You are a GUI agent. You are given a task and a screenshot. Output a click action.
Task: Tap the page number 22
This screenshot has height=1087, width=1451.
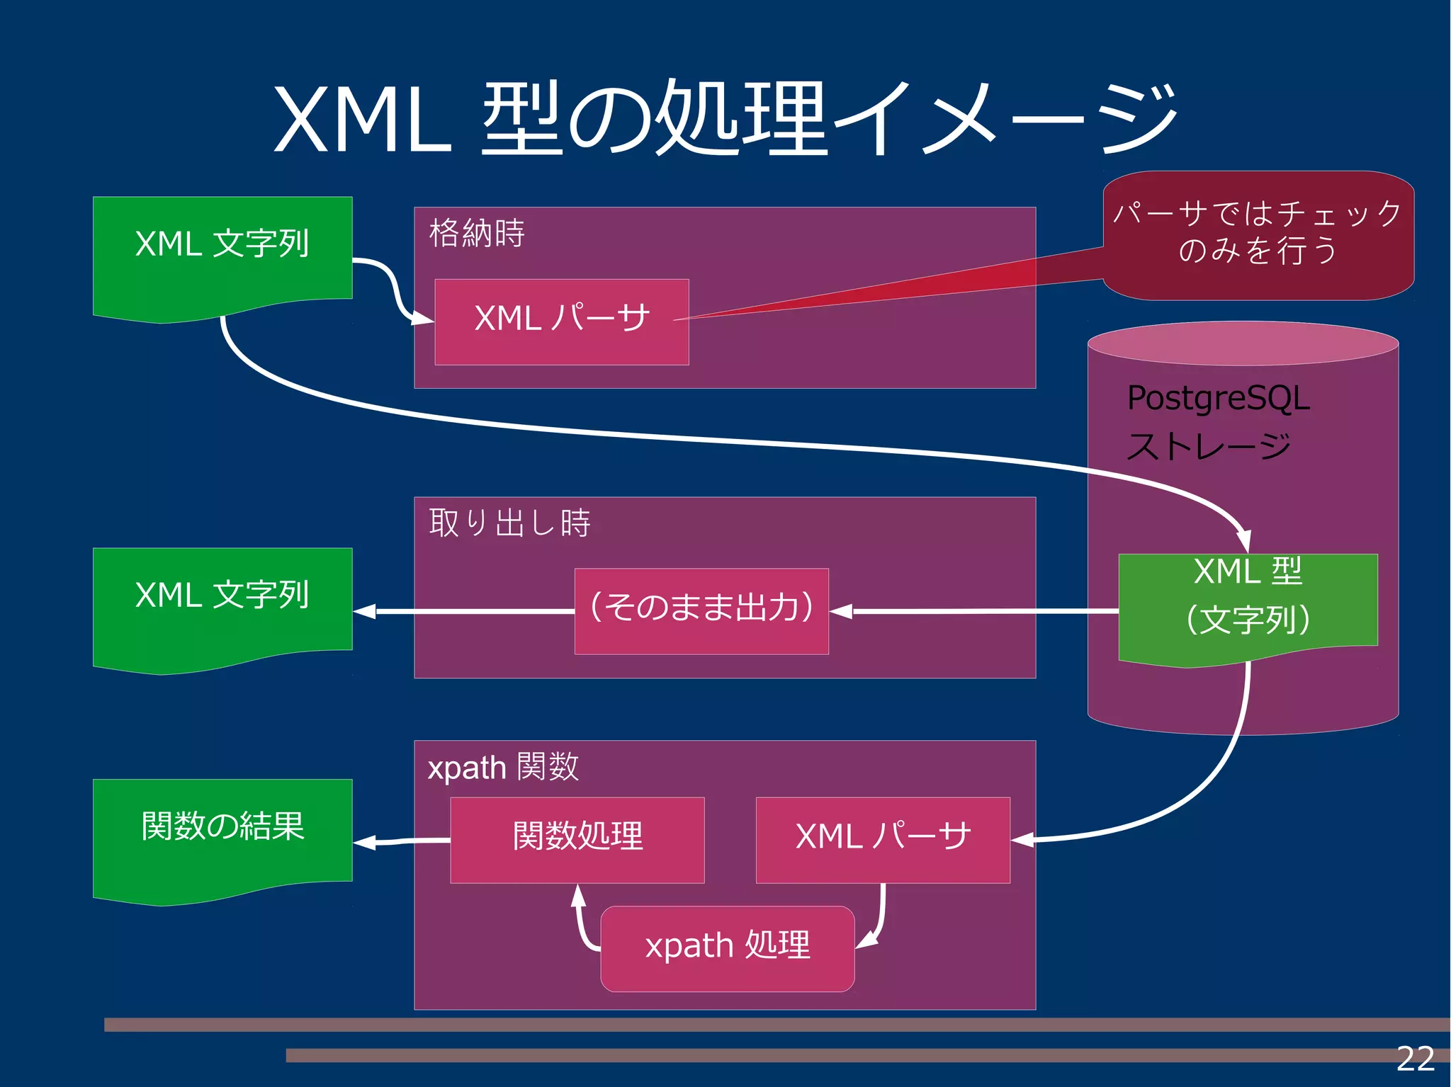pyautogui.click(x=1414, y=1059)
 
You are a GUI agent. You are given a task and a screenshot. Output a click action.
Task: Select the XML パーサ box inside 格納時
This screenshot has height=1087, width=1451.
pyautogui.click(x=561, y=321)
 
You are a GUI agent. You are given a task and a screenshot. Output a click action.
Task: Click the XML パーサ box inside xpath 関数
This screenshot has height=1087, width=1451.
pyautogui.click(x=883, y=840)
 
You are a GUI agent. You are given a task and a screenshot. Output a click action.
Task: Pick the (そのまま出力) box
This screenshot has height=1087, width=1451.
pyautogui.click(x=701, y=610)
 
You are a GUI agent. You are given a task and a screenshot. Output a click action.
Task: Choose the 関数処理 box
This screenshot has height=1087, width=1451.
pyautogui.click(x=577, y=840)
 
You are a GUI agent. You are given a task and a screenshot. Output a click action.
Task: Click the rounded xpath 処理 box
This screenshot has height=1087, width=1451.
pyautogui.click(x=728, y=948)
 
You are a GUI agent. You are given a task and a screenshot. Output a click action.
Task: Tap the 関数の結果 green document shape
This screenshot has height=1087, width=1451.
pyautogui.click(x=222, y=832)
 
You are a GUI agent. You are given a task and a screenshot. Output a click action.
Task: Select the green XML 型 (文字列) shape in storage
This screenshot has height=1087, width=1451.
pyautogui.click(x=1248, y=602)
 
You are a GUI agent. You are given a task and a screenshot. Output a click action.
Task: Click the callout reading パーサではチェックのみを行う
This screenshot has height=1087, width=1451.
pyautogui.click(x=1258, y=234)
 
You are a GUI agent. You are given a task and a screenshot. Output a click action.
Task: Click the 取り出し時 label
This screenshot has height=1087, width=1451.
pyautogui.click(x=509, y=523)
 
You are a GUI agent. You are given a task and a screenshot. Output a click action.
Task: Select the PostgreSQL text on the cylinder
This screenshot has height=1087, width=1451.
pyautogui.click(x=1218, y=398)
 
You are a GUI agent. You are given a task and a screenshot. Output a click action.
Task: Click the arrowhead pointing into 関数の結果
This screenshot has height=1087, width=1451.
pyautogui.click(x=363, y=842)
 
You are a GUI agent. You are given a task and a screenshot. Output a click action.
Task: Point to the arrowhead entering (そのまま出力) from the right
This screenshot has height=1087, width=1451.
pyautogui.click(x=841, y=611)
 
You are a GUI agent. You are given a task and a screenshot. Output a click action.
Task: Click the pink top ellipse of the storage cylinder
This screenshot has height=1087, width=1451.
pyautogui.click(x=1243, y=343)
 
